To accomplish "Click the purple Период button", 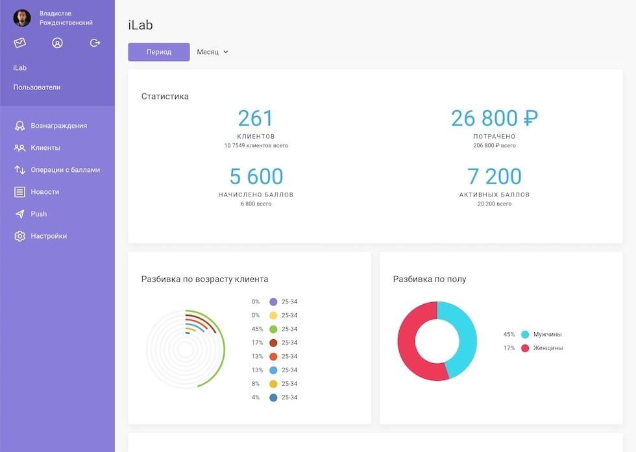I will click(159, 52).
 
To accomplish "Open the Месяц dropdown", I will click(213, 52).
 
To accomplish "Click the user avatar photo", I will click(22, 18).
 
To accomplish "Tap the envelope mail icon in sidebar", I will click(20, 43).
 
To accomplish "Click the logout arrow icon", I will click(95, 43).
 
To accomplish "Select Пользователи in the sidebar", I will click(36, 87).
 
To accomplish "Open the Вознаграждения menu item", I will click(58, 126).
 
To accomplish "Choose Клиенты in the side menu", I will click(45, 148).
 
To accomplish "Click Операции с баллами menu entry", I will click(65, 170).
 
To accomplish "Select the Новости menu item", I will click(45, 192).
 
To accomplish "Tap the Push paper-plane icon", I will click(20, 214).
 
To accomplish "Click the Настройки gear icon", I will click(20, 236).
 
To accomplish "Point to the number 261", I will click(256, 119).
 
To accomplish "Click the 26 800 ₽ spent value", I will click(495, 119).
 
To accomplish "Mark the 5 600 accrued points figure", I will click(256, 176).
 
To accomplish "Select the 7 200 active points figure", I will click(495, 176).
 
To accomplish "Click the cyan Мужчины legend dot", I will click(525, 335).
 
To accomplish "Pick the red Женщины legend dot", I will click(525, 348).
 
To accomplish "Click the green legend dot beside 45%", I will click(273, 329).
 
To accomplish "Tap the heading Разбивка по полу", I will click(430, 279).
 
